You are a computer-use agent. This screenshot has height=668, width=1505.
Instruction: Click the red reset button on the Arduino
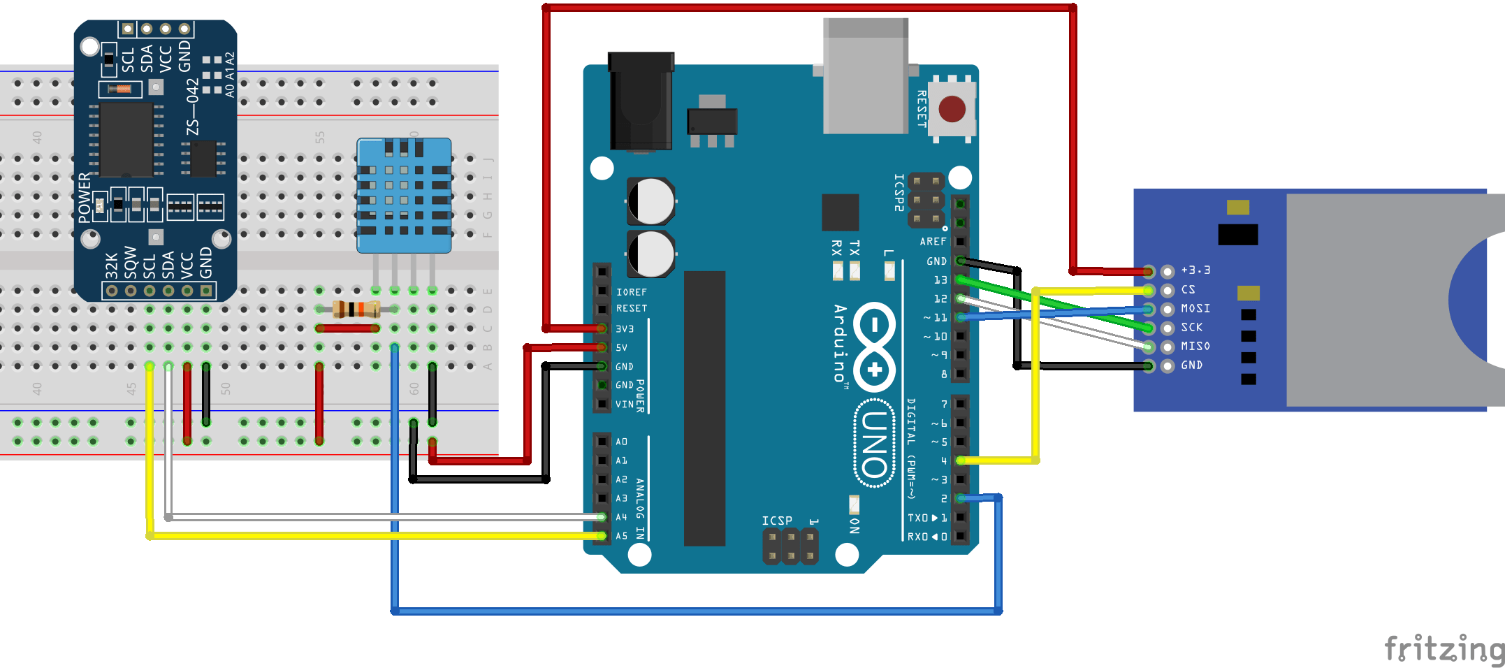[952, 110]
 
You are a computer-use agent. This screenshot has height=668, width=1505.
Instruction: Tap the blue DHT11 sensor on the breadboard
[404, 196]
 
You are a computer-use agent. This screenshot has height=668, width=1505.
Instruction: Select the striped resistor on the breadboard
[356, 309]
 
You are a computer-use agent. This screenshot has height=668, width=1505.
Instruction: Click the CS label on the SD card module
[1188, 289]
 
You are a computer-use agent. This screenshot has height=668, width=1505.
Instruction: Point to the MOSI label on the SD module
[1195, 308]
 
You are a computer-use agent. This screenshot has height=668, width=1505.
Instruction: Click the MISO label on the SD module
[1195, 346]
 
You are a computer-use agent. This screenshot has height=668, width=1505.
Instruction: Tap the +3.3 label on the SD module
[1195, 270]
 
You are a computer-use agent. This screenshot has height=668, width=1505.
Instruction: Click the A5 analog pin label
[621, 536]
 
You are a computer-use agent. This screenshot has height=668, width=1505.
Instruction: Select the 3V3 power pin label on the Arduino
[624, 328]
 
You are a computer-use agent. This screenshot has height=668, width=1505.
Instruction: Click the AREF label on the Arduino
[933, 242]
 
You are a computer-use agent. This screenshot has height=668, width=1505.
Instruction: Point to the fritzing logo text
[1444, 649]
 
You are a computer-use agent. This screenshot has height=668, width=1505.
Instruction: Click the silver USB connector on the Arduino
[865, 77]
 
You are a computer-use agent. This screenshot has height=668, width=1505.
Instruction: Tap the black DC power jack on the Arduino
[640, 101]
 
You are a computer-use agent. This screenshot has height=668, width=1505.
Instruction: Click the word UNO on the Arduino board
[874, 444]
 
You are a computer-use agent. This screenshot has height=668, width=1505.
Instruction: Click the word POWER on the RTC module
[85, 198]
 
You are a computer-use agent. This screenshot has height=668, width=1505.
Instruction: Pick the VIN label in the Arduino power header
[624, 404]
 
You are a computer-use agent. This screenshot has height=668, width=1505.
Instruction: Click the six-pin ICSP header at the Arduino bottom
[790, 546]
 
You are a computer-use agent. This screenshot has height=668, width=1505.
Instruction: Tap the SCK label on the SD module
[1191, 327]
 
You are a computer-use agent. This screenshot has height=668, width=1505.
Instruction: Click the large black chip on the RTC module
[126, 140]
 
